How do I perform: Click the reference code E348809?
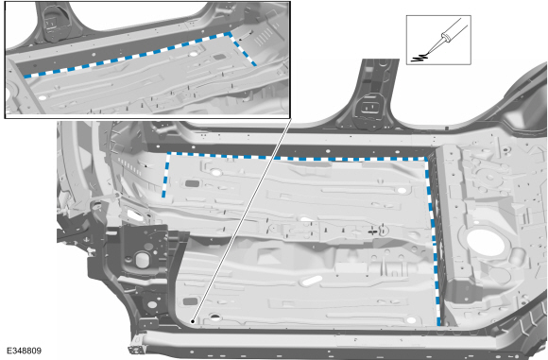tap(25, 351)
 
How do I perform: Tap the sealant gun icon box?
tap(438, 40)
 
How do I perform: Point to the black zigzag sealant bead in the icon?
tap(420, 58)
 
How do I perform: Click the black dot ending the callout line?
tap(193, 321)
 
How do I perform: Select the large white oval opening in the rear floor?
tap(486, 243)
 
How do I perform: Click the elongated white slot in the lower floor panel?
tap(311, 281)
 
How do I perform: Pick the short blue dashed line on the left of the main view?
tap(165, 175)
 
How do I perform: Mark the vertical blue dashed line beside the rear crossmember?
tap(434, 241)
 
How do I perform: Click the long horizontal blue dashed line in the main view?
tap(297, 157)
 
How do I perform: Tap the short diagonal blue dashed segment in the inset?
tap(243, 49)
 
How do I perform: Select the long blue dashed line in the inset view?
tap(128, 55)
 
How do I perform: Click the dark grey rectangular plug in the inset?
tap(219, 57)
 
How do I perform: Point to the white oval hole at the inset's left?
tap(43, 97)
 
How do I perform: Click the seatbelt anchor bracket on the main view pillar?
tap(368, 108)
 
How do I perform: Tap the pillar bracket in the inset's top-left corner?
tap(52, 22)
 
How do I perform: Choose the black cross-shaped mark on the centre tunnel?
tap(372, 231)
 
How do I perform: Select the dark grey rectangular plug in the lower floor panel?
tap(190, 300)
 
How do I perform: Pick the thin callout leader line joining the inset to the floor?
tap(242, 219)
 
